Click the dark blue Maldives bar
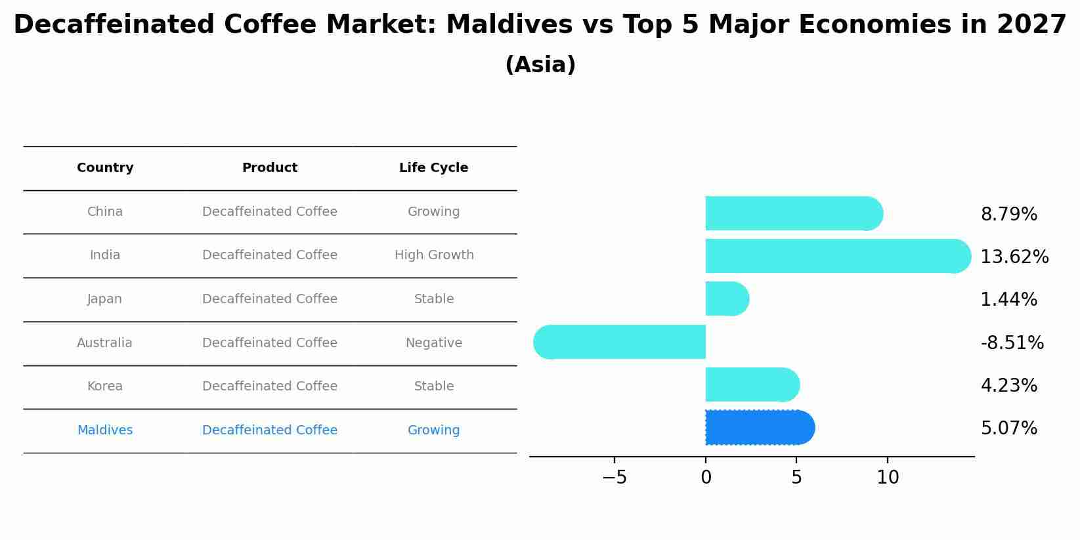coord(760,427)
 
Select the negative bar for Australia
coord(620,342)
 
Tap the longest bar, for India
coord(838,256)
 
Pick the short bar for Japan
coord(727,299)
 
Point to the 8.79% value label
coord(1008,215)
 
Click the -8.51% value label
coord(1012,343)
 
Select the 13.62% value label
coord(1014,257)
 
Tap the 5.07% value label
coord(1008,428)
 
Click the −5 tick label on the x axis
coord(615,478)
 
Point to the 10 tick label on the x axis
coord(888,478)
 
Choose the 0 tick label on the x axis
coord(706,478)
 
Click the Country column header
coord(105,167)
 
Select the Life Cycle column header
coord(433,167)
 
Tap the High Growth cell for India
coord(434,255)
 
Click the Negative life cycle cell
coord(434,343)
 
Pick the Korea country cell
coord(105,386)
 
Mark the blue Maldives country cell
coord(105,430)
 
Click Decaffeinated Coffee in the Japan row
coord(270,299)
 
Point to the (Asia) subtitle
coord(540,64)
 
